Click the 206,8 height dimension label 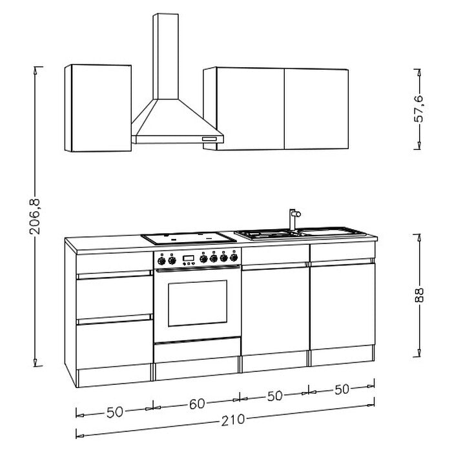tap(36, 216)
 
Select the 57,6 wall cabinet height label tap(419, 109)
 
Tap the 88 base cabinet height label tap(419, 296)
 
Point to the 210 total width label tap(233, 420)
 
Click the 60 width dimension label tap(197, 404)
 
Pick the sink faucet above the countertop tap(294, 220)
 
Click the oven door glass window tap(198, 303)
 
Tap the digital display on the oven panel tap(189, 258)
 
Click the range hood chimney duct tap(166, 57)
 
